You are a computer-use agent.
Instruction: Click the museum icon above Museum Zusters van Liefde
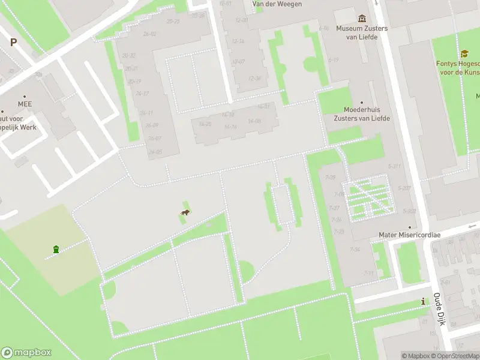click(362, 19)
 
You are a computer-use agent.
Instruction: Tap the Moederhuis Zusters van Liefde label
click(362, 114)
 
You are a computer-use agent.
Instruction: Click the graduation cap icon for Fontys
click(464, 54)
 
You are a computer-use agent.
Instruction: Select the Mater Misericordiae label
click(409, 235)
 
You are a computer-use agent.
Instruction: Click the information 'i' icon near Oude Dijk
click(424, 301)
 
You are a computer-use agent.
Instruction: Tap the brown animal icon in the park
click(186, 213)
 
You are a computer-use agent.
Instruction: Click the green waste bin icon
click(56, 249)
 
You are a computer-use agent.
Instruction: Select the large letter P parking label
click(13, 43)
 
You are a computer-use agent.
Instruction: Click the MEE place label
click(25, 104)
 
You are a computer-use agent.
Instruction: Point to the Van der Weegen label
click(277, 4)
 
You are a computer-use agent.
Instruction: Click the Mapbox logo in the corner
click(26, 353)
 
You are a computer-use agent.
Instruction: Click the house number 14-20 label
click(205, 124)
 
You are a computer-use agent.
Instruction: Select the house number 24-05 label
click(155, 152)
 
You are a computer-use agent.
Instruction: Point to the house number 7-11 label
click(368, 273)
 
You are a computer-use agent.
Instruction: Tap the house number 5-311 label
click(394, 166)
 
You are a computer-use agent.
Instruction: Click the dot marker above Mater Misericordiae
click(409, 227)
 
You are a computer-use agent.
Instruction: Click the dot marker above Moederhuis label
click(362, 103)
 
